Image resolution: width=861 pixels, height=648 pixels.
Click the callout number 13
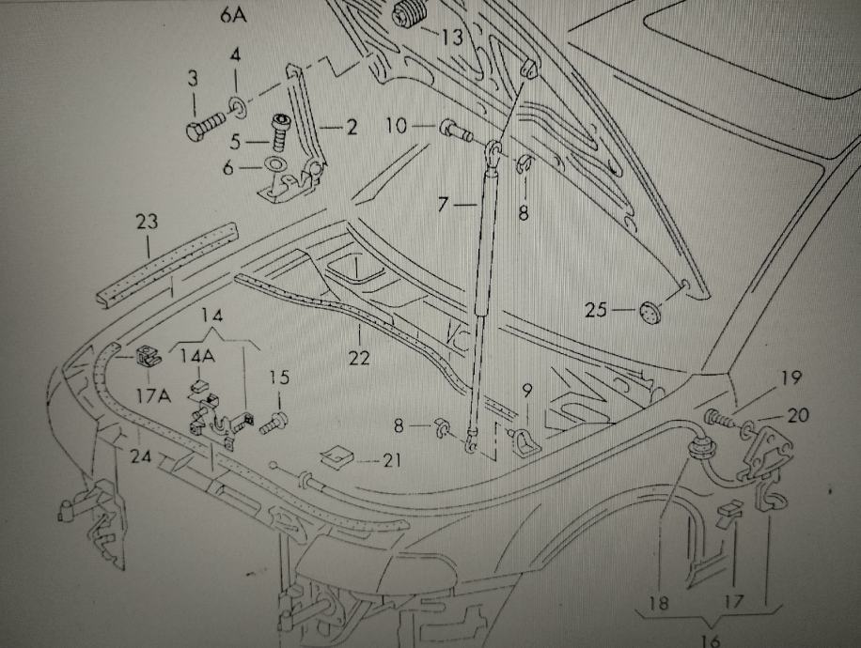pos(451,38)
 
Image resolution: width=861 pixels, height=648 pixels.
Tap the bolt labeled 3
pos(203,129)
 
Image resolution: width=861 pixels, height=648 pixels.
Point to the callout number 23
pos(147,223)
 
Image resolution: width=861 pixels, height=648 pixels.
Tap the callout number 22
pos(359,357)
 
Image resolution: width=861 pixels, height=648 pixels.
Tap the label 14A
pos(197,356)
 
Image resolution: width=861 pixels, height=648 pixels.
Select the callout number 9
pos(526,388)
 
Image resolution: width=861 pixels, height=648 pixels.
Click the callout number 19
pos(790,378)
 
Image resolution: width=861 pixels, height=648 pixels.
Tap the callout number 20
pos(798,415)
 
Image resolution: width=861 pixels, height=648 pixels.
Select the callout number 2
pos(350,127)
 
